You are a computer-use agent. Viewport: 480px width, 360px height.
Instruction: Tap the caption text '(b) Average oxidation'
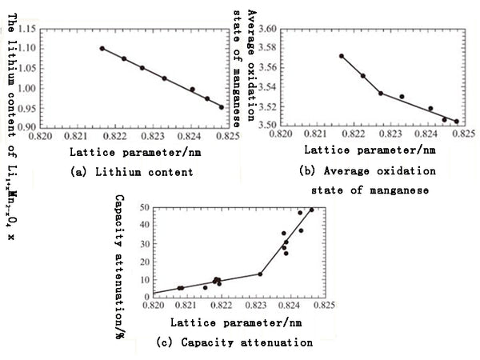tap(367, 172)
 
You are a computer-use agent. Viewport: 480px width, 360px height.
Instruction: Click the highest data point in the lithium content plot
tap(102, 48)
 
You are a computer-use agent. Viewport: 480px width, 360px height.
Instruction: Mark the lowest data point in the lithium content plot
tap(221, 107)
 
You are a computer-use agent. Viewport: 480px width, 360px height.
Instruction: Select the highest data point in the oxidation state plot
tap(341, 56)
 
